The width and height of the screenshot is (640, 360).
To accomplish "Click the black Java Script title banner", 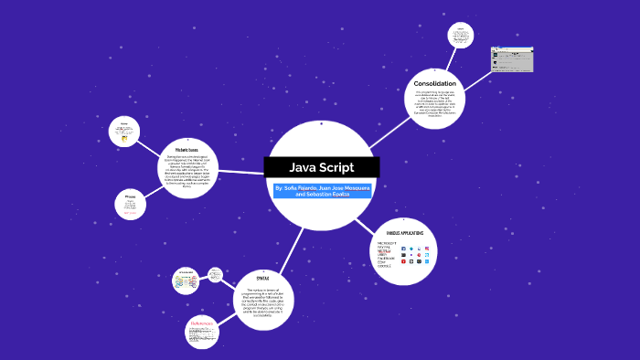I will tap(322, 168).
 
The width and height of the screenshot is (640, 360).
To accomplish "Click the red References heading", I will tap(201, 323).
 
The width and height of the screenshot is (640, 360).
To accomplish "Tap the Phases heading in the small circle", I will tap(131, 196).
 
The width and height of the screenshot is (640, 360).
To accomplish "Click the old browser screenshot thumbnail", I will tap(512, 59).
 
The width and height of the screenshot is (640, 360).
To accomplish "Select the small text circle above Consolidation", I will tap(461, 36).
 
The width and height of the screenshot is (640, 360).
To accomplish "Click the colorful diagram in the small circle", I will tap(186, 282).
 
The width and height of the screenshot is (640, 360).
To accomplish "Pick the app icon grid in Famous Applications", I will tap(418, 254).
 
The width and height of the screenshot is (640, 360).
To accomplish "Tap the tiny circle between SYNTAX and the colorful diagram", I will tap(215, 273).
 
